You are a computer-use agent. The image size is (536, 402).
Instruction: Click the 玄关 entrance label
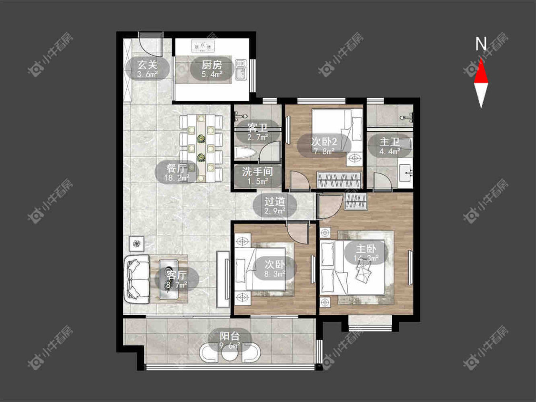tap(147, 65)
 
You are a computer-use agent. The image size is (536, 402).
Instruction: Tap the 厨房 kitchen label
tap(212, 65)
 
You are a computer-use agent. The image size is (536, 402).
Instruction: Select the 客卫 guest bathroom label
tap(257, 128)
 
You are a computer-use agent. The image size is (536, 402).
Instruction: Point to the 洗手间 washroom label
tap(257, 171)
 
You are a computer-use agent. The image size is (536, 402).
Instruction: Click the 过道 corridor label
tap(274, 201)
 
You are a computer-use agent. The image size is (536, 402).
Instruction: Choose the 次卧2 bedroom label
tap(324, 141)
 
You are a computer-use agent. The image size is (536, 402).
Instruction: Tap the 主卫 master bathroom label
tap(389, 141)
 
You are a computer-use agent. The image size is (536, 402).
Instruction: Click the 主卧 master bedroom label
tap(366, 249)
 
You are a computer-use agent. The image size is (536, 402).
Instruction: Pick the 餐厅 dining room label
tap(176, 168)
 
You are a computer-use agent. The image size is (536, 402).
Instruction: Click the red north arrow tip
tap(481, 59)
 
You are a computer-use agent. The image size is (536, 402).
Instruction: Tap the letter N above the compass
tap(481, 43)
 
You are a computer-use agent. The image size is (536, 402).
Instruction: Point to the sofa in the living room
tap(137, 279)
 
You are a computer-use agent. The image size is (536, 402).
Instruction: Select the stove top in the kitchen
tap(203, 46)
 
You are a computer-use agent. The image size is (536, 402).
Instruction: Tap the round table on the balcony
tap(229, 354)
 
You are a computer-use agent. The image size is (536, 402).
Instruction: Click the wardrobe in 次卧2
tap(339, 180)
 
